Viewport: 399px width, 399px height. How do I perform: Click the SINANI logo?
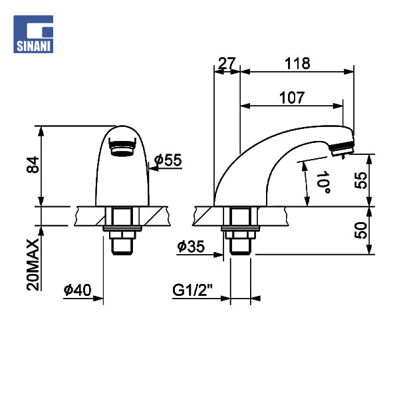33,34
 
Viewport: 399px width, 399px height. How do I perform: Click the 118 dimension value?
297,63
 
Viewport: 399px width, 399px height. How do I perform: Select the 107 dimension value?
292,98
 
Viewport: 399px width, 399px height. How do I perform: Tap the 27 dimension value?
227,63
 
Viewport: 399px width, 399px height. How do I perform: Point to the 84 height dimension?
33,165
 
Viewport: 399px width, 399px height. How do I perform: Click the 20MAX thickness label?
33,265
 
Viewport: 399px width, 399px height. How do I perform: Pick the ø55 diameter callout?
168,160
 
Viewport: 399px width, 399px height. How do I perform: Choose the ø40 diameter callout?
77,290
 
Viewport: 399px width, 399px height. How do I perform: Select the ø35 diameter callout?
191,246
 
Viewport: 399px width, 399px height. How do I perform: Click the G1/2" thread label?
192,290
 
